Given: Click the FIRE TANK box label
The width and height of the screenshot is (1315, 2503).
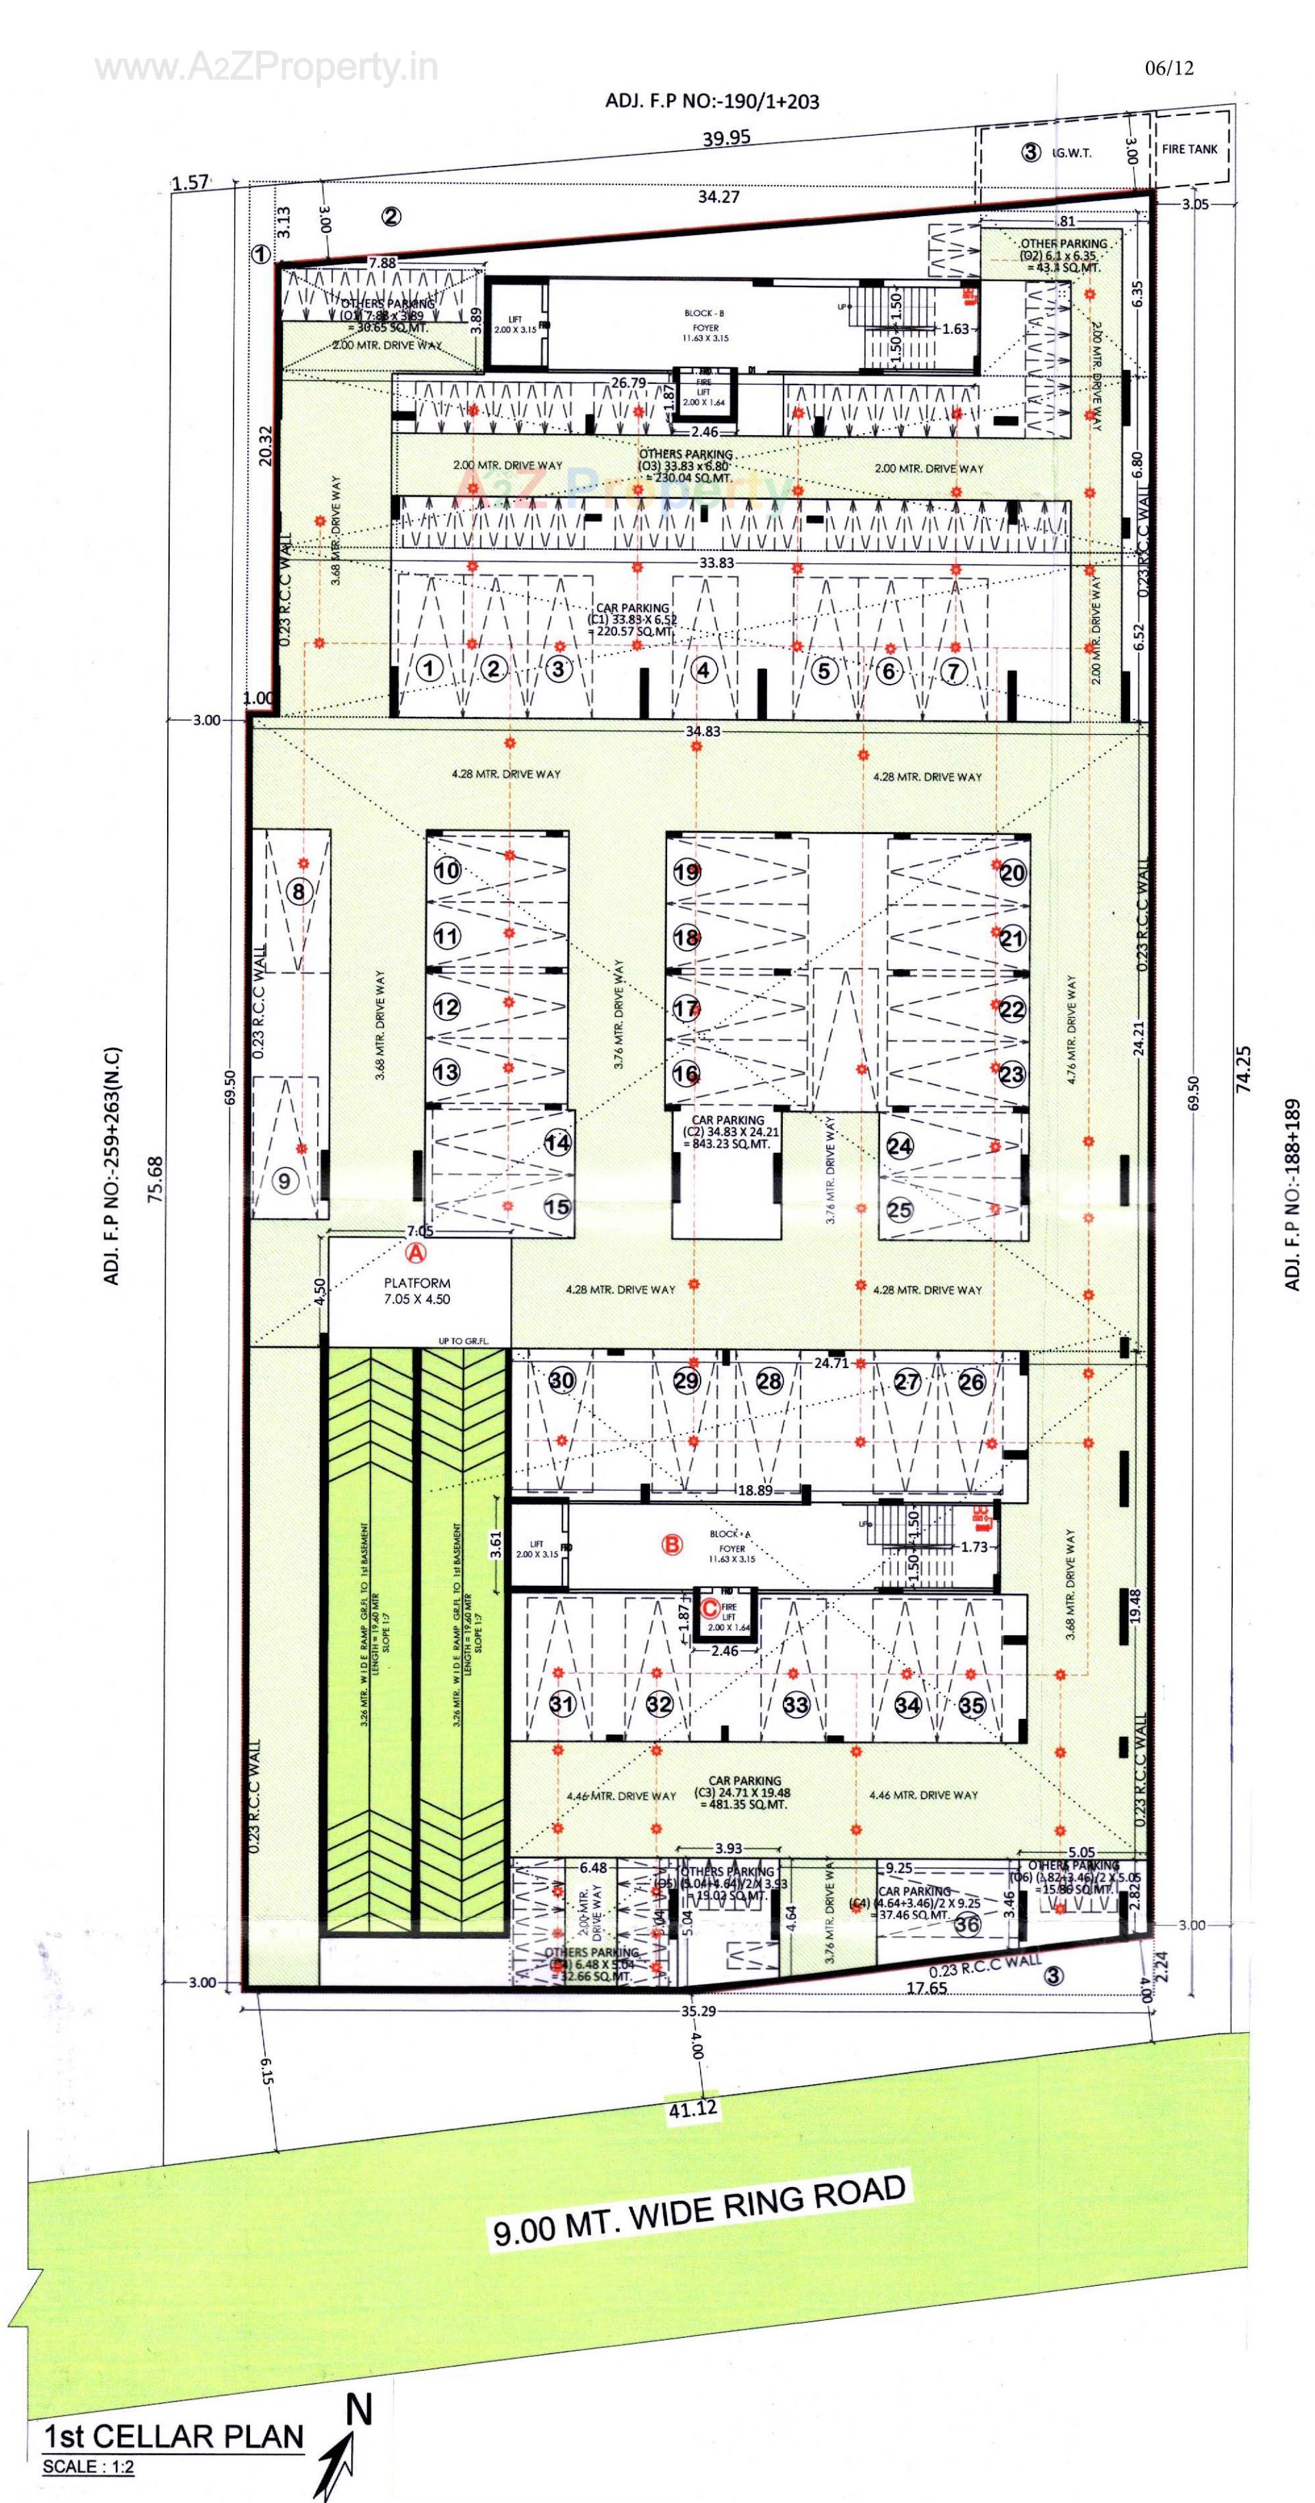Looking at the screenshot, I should [1189, 149].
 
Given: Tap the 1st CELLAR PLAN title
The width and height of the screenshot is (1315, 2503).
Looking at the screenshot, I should [173, 2436].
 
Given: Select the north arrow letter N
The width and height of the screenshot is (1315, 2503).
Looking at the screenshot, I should [360, 2408].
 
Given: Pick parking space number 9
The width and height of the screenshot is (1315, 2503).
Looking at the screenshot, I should [284, 1181].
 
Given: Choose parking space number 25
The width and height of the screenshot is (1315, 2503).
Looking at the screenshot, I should [899, 1210].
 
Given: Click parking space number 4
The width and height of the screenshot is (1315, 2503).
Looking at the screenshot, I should [704, 670].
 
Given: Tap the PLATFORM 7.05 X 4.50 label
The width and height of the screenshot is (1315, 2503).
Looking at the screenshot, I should [416, 1291].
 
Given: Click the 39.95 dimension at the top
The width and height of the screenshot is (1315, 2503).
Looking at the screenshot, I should [727, 138].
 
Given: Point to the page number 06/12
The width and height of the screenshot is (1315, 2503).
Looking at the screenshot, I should [1169, 68].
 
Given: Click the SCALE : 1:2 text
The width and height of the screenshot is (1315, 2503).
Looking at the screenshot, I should [88, 2466].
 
